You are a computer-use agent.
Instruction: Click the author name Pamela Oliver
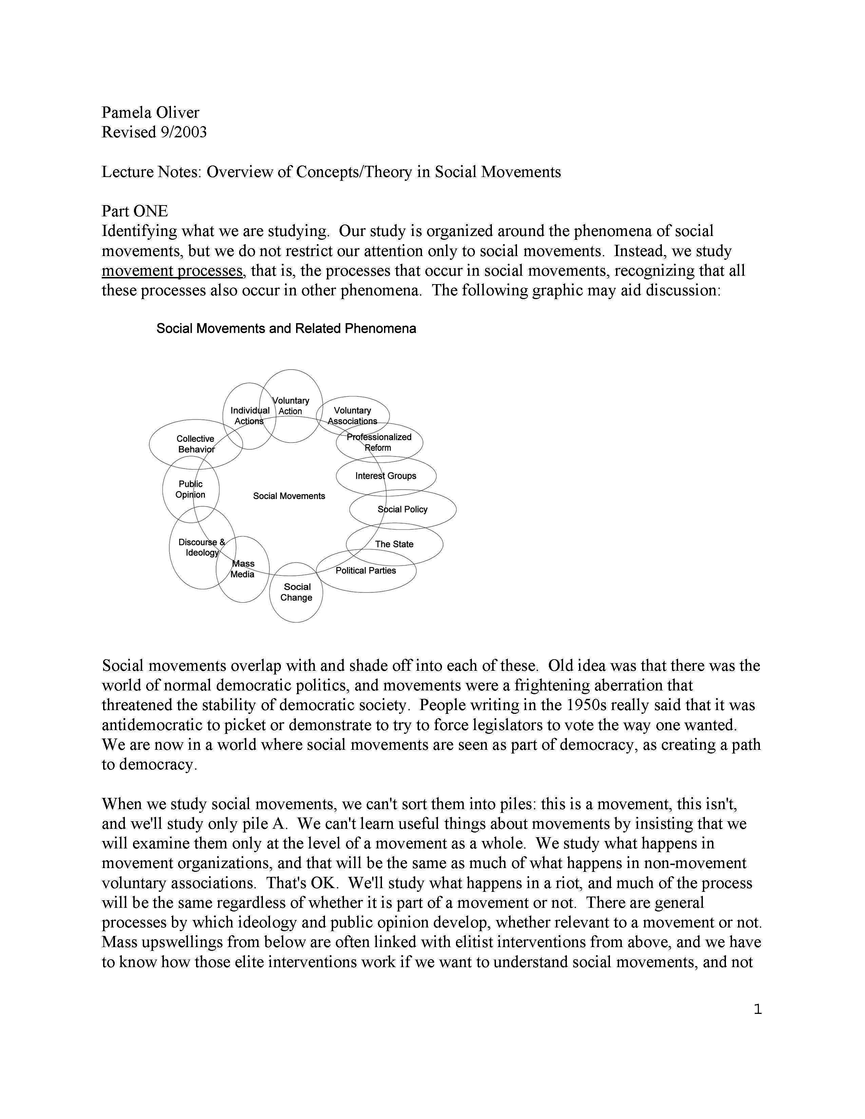tap(150, 112)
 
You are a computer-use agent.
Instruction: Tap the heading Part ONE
tap(135, 211)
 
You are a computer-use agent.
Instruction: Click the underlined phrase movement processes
tap(172, 271)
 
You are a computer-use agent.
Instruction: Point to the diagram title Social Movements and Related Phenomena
tap(286, 329)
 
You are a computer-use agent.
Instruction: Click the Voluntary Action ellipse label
tap(291, 406)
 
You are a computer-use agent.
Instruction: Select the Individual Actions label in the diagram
tap(250, 415)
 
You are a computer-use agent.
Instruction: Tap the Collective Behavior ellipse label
tap(196, 444)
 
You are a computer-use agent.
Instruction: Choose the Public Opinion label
tap(191, 489)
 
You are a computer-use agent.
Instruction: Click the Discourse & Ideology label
tap(202, 547)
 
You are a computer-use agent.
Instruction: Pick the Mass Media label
tap(243, 569)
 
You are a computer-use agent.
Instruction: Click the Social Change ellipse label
tap(297, 592)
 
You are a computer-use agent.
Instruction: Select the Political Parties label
tap(366, 570)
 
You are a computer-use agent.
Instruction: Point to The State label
tap(394, 544)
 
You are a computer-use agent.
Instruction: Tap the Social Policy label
tap(402, 509)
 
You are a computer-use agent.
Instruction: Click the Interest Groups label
tap(386, 476)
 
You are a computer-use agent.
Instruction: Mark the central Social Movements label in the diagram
tap(289, 496)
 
